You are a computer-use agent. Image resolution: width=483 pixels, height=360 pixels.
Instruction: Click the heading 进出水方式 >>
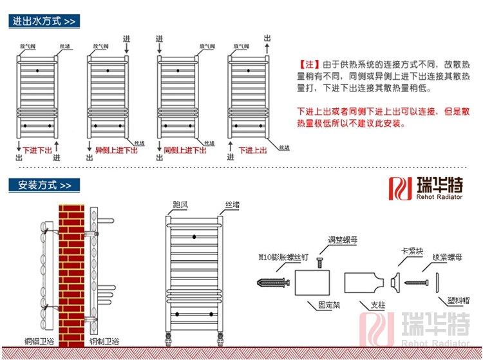pos(44,21)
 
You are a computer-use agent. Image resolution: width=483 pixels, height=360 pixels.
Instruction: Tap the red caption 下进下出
pos(37,150)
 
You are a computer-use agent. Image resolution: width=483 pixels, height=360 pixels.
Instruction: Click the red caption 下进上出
pos(253,150)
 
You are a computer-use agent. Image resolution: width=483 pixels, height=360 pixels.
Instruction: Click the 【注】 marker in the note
pos(309,65)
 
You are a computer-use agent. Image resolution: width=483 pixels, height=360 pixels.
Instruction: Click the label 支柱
pos(368,305)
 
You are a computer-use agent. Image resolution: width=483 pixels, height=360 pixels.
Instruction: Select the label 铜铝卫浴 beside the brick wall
pos(38,341)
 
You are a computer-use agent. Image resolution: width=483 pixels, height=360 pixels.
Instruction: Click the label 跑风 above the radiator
pos(180,205)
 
